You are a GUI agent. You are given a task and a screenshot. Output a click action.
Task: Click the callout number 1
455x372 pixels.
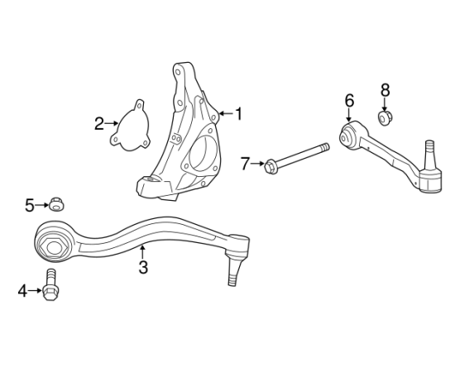[238, 113]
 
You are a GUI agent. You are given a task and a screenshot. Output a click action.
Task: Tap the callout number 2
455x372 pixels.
[99, 124]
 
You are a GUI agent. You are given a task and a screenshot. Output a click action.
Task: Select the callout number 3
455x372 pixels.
[143, 267]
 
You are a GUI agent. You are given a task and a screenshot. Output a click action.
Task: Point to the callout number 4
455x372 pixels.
[22, 291]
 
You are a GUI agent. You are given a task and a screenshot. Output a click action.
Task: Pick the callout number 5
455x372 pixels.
[29, 206]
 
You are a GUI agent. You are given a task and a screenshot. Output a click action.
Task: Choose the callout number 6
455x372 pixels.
[349, 100]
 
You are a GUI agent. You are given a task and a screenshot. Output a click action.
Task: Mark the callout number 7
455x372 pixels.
[245, 164]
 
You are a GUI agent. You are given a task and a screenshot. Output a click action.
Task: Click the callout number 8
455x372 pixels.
[385, 90]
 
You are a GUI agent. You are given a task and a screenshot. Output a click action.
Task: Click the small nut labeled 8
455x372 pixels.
[386, 117]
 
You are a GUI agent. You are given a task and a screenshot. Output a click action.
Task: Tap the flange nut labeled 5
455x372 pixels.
[56, 205]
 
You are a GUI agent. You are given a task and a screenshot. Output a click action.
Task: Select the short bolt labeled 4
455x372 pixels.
[50, 284]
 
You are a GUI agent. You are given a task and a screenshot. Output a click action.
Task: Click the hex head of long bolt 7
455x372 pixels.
[270, 166]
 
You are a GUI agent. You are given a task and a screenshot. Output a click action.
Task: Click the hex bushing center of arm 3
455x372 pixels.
[55, 248]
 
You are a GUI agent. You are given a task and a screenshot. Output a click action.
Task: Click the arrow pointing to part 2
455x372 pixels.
[112, 123]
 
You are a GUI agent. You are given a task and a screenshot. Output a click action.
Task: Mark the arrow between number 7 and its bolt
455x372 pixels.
[257, 164]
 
